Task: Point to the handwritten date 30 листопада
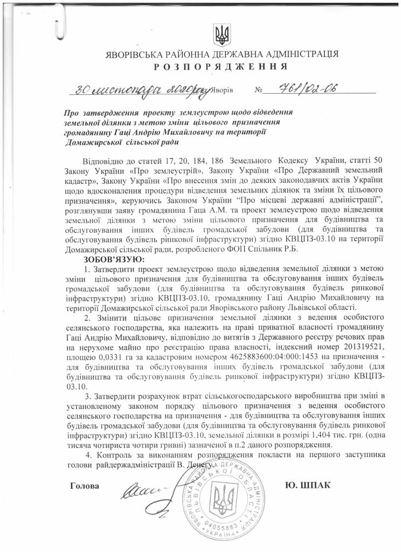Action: click(108, 90)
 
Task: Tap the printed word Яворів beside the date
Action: click(222, 91)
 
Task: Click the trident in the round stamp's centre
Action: click(220, 499)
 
